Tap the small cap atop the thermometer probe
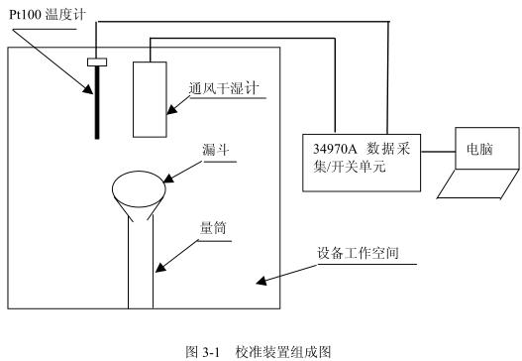point(97,64)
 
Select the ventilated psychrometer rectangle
point(152,99)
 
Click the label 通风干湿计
point(223,87)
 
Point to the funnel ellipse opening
point(141,185)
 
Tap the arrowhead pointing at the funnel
point(168,180)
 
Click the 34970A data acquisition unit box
point(362,159)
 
